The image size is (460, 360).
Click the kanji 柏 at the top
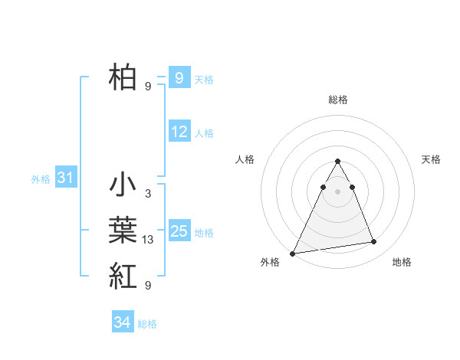123,77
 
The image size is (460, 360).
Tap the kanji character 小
123,186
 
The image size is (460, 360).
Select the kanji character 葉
123,231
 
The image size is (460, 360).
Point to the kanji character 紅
123,275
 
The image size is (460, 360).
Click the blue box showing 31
65,178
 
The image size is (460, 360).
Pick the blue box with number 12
179,132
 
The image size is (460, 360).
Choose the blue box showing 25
179,231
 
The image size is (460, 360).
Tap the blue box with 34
122,322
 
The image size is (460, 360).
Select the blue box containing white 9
179,77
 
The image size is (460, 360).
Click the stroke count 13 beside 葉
148,241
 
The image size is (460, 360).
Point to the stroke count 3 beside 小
147,195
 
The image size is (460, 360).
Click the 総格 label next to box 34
147,324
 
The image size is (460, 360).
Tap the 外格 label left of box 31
41,179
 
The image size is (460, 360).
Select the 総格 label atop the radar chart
338,100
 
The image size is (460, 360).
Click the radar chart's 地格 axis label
402,262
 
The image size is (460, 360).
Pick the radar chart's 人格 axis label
245,159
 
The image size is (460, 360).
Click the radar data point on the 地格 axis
374,242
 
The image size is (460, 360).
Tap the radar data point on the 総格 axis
337,162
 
